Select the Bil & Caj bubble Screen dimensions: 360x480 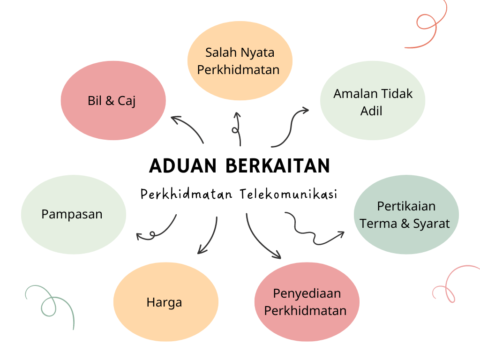113,101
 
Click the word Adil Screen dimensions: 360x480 371,111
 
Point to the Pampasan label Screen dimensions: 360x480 72,214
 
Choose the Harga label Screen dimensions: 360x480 164,302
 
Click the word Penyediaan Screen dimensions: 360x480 307,293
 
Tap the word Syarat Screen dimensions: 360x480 431,224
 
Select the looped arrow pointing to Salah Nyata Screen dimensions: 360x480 237,129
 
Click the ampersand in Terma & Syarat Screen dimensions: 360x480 405,224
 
